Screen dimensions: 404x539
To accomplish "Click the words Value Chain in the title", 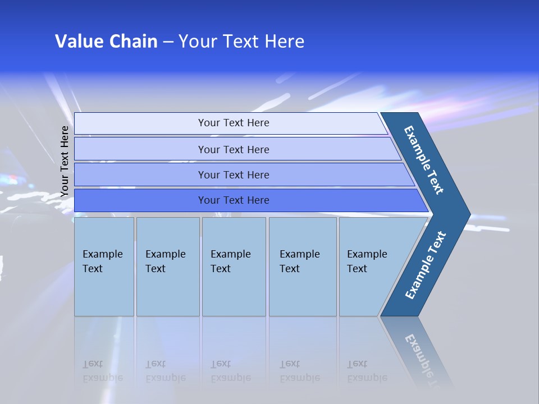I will pos(106,42).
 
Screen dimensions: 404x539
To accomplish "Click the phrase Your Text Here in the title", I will pos(241,42).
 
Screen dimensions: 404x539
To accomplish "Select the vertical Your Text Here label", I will pos(65,161).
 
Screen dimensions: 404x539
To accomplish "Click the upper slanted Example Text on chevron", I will pos(424,160).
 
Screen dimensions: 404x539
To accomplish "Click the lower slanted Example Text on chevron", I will pos(426,265).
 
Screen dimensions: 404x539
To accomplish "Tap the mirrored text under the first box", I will pos(102,371).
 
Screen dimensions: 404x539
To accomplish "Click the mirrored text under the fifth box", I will pos(367,371).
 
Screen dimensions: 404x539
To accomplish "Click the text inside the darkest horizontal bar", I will pos(234,200).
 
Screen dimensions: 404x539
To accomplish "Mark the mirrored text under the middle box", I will pos(230,371).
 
